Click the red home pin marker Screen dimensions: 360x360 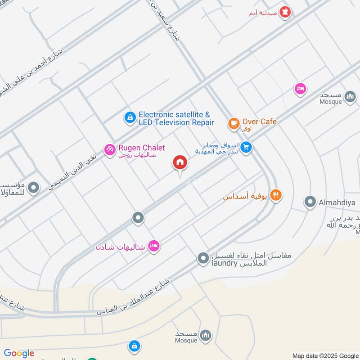coord(180,162)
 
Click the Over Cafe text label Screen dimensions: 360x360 coord(259,121)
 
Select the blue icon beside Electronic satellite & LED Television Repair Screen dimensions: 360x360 coord(130,118)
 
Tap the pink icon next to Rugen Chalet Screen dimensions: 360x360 coord(110,149)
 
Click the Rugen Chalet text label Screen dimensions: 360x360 coord(141,148)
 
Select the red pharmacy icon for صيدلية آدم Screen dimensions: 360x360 coord(284,13)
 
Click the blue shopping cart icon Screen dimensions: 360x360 coord(246,147)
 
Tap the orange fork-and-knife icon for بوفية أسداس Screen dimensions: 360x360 coord(276,195)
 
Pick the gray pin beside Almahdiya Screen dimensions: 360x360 coord(310,202)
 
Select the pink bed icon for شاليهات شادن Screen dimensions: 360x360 coord(154,246)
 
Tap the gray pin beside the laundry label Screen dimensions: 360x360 coord(203,258)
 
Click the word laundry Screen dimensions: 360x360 coord(224,263)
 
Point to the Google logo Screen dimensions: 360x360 coord(19,353)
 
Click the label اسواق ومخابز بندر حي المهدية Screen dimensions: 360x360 coord(216,148)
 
